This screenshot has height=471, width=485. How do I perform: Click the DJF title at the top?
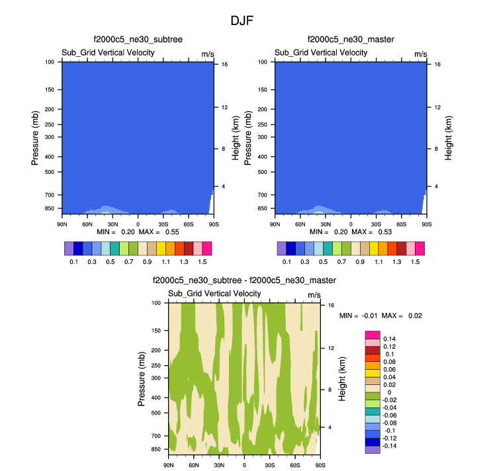pos(242,21)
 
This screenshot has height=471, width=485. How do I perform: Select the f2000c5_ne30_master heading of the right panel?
pos(351,40)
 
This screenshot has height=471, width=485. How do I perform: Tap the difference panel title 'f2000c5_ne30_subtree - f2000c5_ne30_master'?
pos(243,280)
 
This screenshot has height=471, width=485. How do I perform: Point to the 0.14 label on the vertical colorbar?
pos(390,339)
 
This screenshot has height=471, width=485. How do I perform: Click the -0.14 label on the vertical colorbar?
pos(391,447)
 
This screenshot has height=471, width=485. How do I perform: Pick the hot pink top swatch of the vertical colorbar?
pos(372,335)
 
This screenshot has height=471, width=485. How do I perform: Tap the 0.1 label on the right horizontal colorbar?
pos(287,262)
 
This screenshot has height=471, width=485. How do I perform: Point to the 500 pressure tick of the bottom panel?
pos(157,412)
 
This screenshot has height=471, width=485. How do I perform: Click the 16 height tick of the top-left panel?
pos(224,65)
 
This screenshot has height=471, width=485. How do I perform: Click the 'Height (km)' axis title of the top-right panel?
pos(449,138)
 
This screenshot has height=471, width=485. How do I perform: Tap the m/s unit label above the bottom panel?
pos(314,294)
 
